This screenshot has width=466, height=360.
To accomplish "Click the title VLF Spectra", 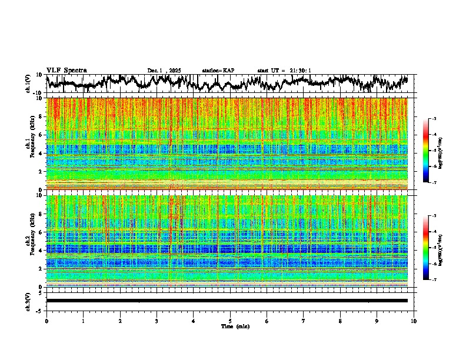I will click(66, 70).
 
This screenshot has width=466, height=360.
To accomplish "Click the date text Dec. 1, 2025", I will click(165, 71).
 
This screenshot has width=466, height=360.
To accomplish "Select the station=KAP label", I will click(218, 71).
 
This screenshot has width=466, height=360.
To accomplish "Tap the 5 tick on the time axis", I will click(230, 321).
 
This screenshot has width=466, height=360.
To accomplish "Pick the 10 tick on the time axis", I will click(414, 321).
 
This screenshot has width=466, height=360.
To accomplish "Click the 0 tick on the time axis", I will click(46, 321).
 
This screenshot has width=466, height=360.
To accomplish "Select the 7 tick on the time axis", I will click(304, 321).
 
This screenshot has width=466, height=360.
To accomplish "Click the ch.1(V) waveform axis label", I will click(28, 84).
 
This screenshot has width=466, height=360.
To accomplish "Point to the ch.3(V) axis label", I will click(28, 300).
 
